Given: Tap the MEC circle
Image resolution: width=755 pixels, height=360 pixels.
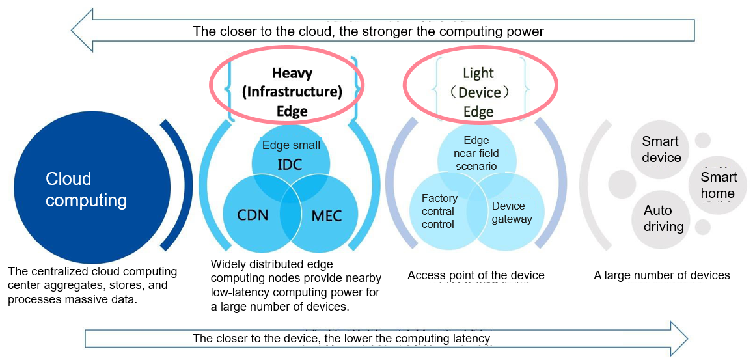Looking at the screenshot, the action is (323, 215).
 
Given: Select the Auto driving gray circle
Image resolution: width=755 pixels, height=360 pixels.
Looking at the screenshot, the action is (663, 219).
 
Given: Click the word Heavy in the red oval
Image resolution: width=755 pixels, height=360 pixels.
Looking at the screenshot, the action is (292, 73).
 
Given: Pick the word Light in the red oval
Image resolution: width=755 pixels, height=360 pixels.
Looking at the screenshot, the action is (478, 73).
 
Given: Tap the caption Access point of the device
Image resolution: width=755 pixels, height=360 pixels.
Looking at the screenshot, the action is (476, 275).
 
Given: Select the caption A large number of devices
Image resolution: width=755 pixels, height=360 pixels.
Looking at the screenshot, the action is (663, 275).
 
